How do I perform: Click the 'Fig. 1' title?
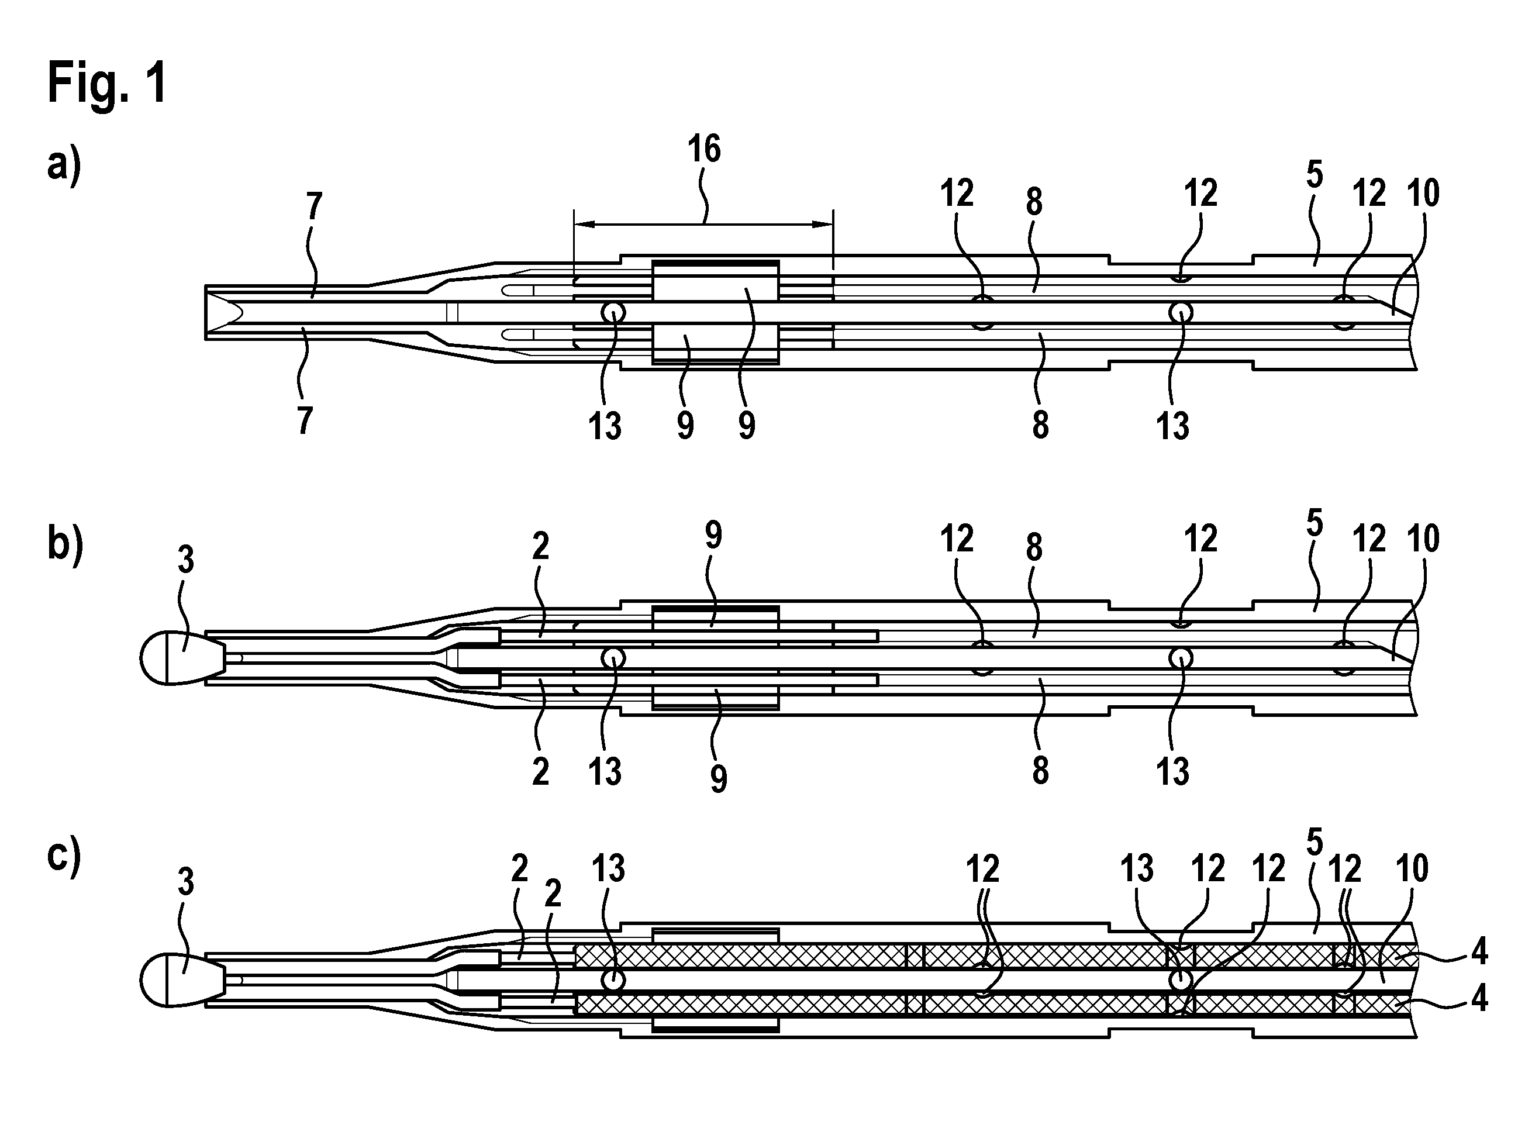tap(107, 83)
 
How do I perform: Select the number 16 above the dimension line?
tap(704, 149)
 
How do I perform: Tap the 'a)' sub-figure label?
tap(64, 167)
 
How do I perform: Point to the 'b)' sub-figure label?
tap(64, 545)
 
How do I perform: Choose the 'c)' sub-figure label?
tap(64, 858)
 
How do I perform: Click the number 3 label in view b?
tap(186, 560)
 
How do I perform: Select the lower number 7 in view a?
tap(306, 420)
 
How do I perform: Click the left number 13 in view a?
tap(605, 426)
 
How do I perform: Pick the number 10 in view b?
tap(1423, 539)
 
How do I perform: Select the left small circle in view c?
tap(613, 980)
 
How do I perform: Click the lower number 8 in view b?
tap(1040, 771)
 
